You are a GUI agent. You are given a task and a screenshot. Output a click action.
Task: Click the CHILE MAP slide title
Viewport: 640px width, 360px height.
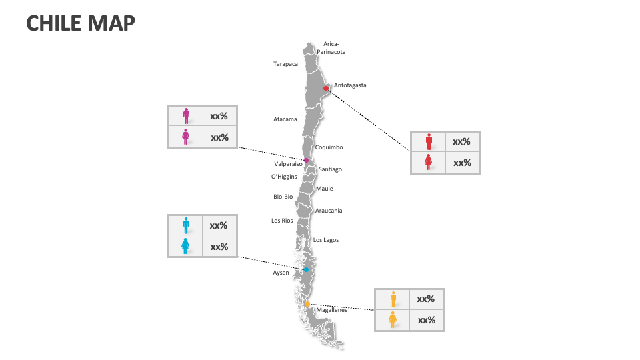click(x=81, y=23)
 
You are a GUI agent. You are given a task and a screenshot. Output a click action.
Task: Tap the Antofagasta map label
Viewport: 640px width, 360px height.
click(x=350, y=85)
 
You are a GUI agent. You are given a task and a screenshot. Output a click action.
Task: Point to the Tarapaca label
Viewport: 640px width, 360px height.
click(x=285, y=64)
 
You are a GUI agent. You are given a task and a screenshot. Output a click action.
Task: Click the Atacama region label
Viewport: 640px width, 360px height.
click(x=285, y=119)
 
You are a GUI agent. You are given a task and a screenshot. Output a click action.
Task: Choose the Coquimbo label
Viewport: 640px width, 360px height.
click(x=329, y=147)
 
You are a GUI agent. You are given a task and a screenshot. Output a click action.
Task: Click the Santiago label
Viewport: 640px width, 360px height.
click(x=330, y=169)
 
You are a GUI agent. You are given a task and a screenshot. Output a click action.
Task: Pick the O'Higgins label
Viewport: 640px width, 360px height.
click(x=284, y=177)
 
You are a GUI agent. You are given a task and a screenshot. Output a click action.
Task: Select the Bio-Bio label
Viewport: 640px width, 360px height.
click(x=283, y=197)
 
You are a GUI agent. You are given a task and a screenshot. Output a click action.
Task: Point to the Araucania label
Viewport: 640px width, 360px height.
click(x=329, y=211)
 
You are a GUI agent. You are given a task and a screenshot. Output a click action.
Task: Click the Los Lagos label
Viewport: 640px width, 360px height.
click(x=326, y=240)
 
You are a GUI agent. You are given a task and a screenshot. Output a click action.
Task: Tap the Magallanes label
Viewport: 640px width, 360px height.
click(x=332, y=310)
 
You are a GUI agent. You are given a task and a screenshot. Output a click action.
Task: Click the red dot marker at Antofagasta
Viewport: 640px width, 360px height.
click(x=325, y=88)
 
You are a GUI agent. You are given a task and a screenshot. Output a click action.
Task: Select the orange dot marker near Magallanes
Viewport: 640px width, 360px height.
click(x=307, y=304)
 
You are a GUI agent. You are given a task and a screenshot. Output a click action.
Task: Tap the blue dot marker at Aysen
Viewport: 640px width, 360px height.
click(x=306, y=270)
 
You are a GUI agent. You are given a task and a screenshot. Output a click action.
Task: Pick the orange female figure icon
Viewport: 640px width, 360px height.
click(x=393, y=320)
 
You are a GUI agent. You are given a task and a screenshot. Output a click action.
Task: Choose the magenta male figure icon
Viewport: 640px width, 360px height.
click(x=186, y=116)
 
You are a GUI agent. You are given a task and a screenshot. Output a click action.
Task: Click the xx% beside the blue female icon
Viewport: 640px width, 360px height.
click(x=219, y=247)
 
